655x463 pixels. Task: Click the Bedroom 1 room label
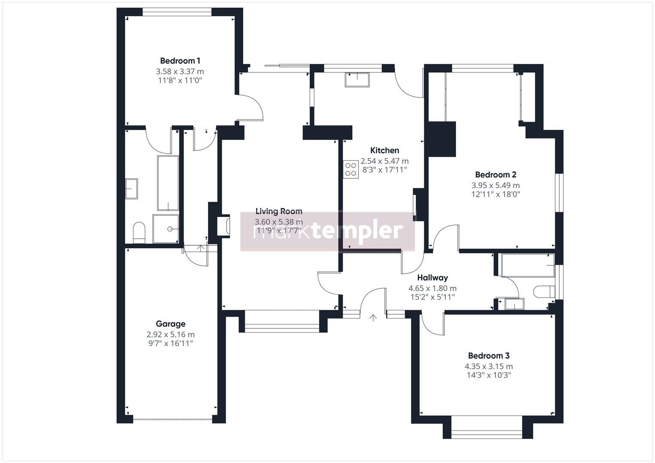point(180,61)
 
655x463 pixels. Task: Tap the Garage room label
point(170,324)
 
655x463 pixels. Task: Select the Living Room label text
point(278,211)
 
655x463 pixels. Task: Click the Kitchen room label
point(384,150)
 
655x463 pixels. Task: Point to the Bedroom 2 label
point(495,175)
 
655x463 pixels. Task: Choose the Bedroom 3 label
point(489,356)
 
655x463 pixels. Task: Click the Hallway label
point(432,278)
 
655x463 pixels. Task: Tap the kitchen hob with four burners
point(350,168)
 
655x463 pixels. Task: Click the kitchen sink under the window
point(356,79)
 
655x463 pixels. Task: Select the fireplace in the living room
point(224,226)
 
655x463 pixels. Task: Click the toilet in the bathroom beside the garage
point(139,232)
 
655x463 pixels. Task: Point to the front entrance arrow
point(373,318)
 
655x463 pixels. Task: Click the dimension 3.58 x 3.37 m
point(180,72)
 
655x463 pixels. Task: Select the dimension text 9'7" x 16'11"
point(170,343)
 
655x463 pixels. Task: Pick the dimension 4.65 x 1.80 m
point(432,289)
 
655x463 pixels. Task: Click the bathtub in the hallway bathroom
point(527,265)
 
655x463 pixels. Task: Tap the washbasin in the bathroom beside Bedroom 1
point(131,189)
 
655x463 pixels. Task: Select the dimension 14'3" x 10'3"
point(489,376)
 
